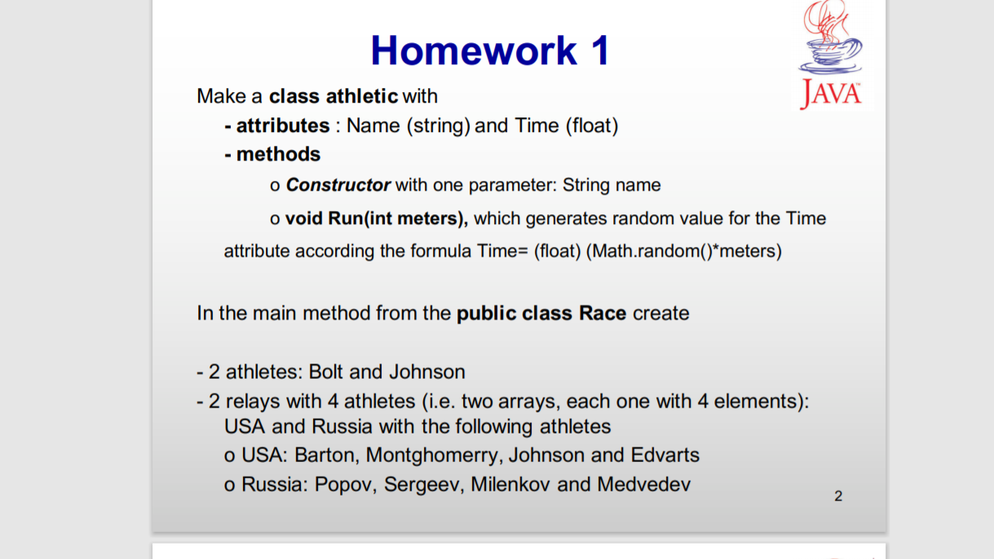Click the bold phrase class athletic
334,96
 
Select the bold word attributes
282,125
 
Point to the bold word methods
278,154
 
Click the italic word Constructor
338,185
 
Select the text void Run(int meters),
376,218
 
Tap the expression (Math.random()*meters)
683,251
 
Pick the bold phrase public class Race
541,313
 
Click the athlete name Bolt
326,372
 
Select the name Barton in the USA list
325,455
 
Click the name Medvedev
643,484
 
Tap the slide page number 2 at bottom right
838,495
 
